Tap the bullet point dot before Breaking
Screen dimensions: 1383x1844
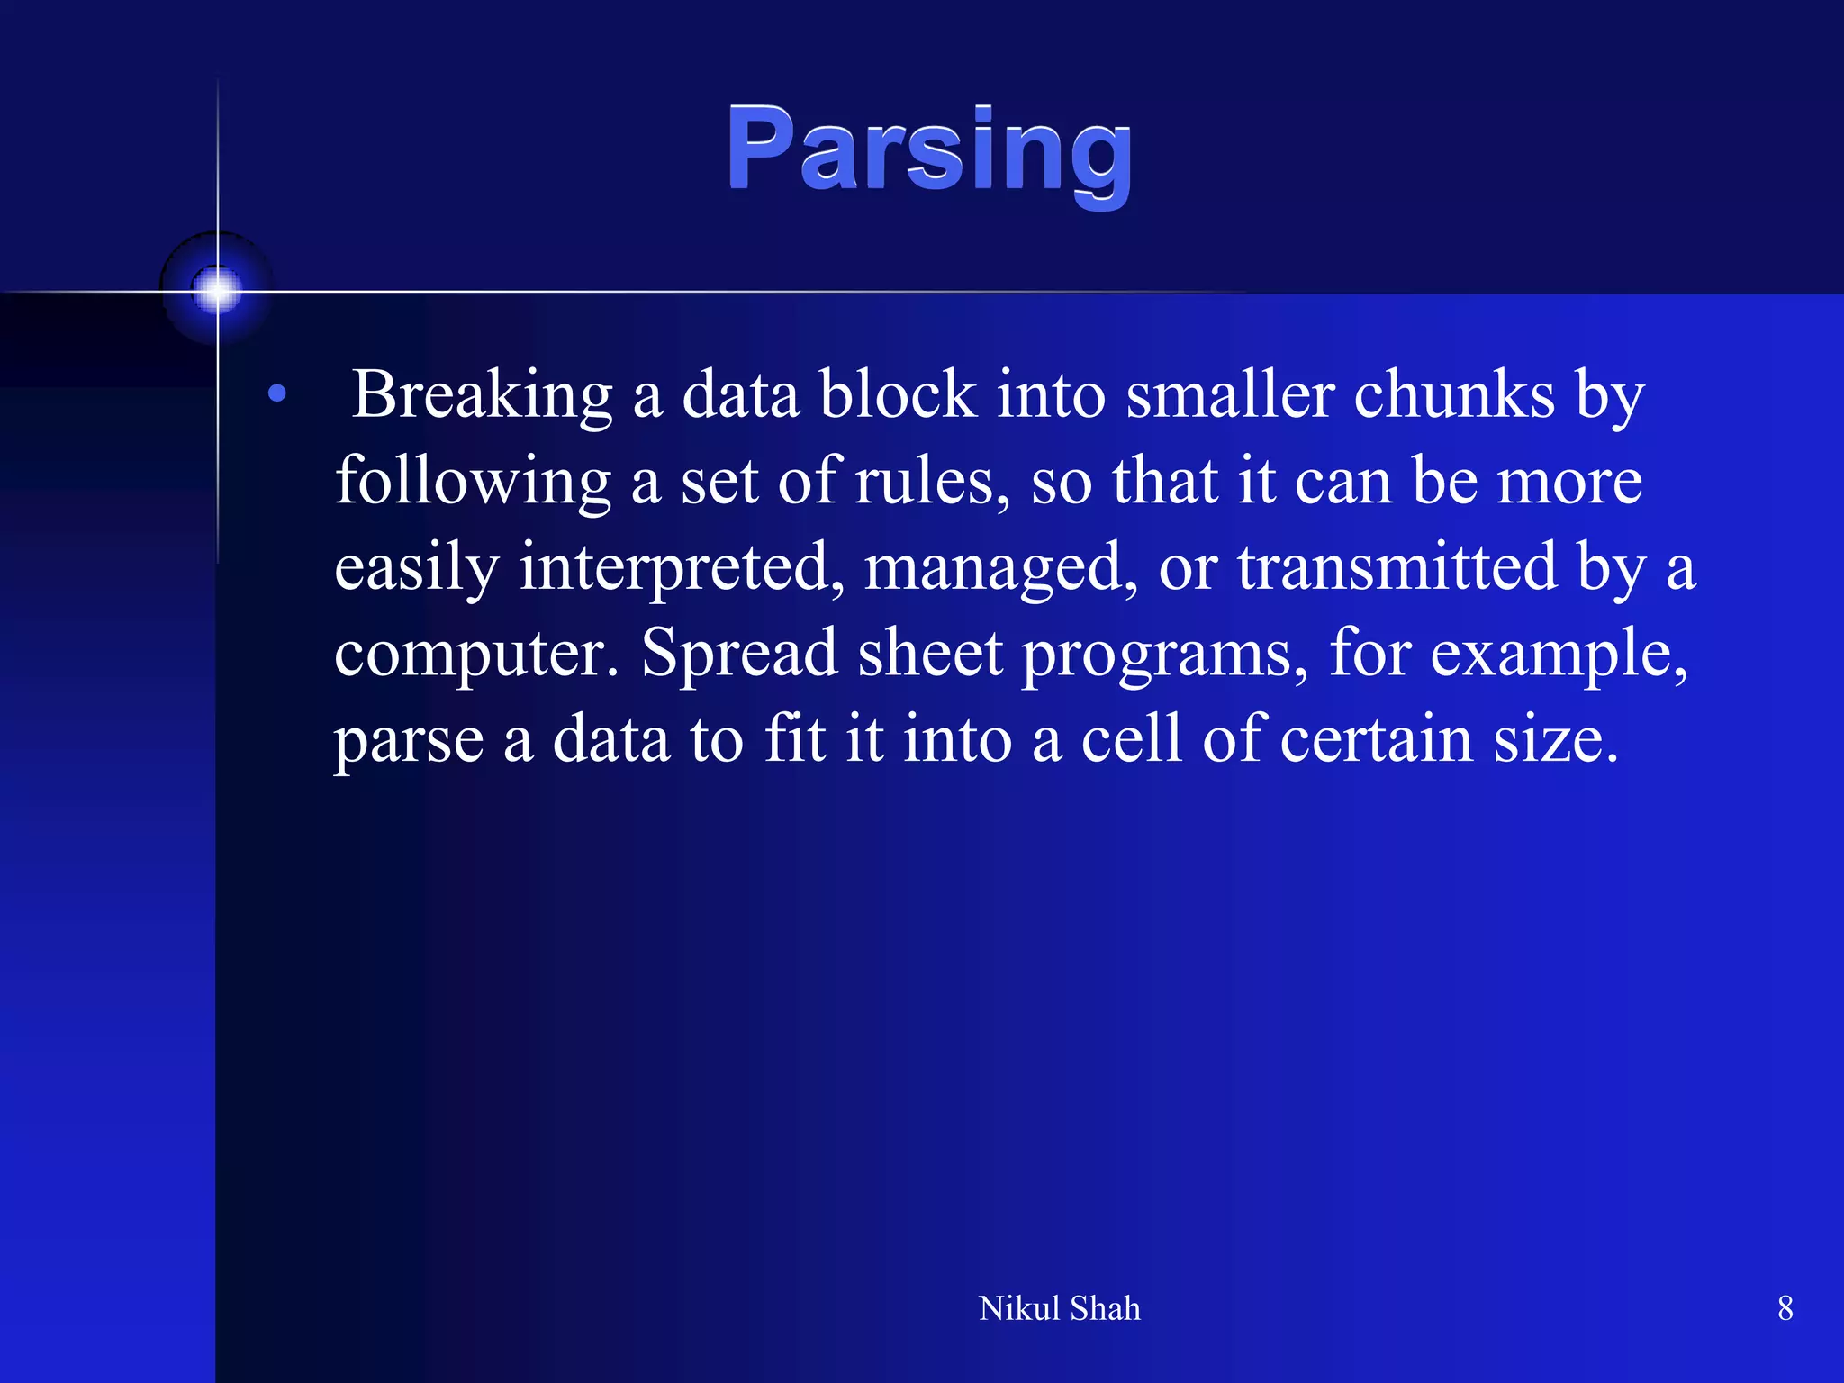point(277,393)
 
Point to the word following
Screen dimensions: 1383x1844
point(473,482)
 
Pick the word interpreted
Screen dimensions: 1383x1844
point(682,567)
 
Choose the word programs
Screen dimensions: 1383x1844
point(1164,654)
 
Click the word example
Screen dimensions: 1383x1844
point(1558,654)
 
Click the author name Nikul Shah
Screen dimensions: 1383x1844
point(1059,1308)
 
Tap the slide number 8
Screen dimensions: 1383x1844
point(1785,1308)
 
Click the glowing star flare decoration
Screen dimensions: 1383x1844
point(217,291)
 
